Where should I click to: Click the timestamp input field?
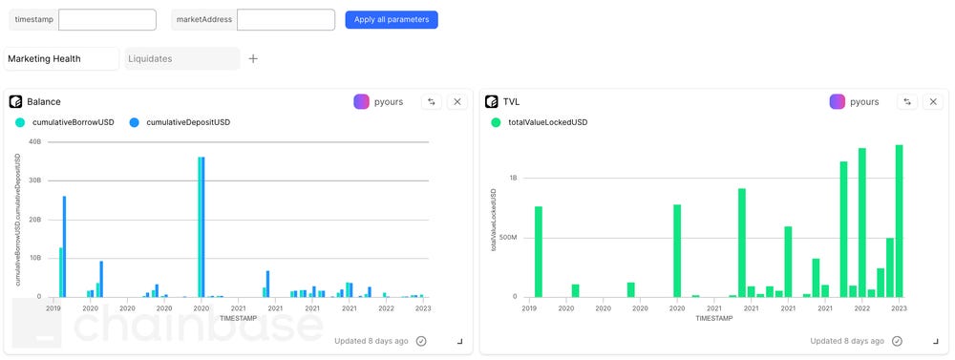click(107, 19)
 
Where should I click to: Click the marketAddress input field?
click(286, 19)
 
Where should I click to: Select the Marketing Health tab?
click(61, 58)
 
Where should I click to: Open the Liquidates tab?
click(182, 58)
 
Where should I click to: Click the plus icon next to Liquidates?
click(253, 58)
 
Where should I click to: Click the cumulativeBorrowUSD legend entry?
click(65, 122)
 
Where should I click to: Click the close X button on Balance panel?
click(456, 101)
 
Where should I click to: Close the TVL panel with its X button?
click(932, 101)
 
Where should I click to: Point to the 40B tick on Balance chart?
click(34, 142)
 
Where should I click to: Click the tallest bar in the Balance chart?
click(202, 227)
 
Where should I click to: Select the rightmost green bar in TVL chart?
click(899, 221)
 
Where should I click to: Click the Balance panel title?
click(44, 101)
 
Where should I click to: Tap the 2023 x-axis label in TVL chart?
click(897, 308)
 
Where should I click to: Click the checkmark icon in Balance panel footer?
click(421, 341)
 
